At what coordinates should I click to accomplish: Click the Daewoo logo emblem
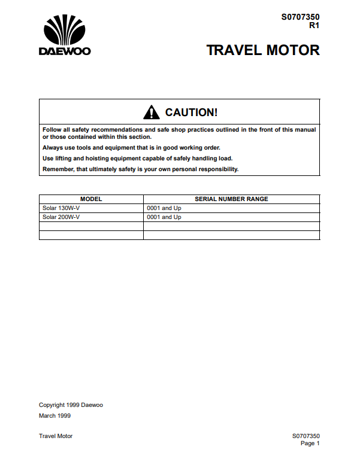pos(65,31)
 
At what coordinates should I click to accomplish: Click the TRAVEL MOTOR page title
pos(263,50)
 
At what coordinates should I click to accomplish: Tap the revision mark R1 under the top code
pos(314,26)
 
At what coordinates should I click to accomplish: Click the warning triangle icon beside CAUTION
pos(152,112)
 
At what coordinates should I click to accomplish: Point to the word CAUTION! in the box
pos(191,113)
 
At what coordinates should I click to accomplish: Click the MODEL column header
pos(91,199)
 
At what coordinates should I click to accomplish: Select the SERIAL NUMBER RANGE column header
pos(231,199)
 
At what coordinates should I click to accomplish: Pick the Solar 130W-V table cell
pos(61,208)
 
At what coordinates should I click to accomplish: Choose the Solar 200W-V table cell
pos(61,217)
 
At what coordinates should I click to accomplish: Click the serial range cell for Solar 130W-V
pos(164,208)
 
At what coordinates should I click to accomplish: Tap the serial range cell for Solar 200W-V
pos(164,217)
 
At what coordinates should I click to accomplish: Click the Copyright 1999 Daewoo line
pos(71,405)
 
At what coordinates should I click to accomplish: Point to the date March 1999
pos(56,415)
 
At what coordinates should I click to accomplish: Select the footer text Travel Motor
pos(56,436)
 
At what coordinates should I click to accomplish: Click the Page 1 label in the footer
pos(310,443)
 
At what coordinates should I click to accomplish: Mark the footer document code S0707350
pos(305,436)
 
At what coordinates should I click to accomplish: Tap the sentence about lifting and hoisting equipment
pos(137,158)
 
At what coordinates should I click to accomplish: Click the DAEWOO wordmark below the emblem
pos(65,51)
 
